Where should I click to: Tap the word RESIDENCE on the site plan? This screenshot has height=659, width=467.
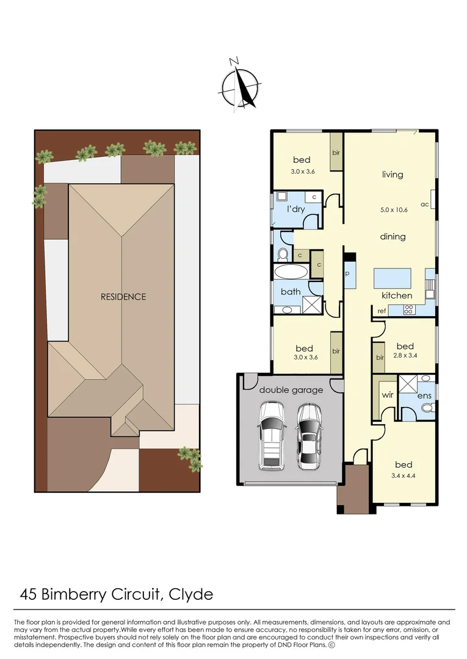coord(123,297)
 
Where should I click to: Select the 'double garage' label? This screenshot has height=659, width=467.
coord(291,390)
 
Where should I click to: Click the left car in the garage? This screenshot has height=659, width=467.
coord(271,436)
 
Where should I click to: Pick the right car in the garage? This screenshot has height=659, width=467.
coord(310,436)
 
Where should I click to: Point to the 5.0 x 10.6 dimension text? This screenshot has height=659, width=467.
coord(393,209)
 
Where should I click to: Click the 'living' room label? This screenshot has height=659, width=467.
coord(393,175)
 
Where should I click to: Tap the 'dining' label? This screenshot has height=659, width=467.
coord(393,237)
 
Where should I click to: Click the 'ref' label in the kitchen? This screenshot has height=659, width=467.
coord(382,311)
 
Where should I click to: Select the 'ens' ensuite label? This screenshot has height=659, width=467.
coord(424,396)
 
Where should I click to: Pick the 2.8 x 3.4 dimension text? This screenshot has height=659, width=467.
coord(405,355)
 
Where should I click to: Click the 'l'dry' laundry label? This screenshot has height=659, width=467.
coord(296,209)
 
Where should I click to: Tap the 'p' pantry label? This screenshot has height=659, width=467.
coord(347,273)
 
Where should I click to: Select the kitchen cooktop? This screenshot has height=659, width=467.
coord(408,310)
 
